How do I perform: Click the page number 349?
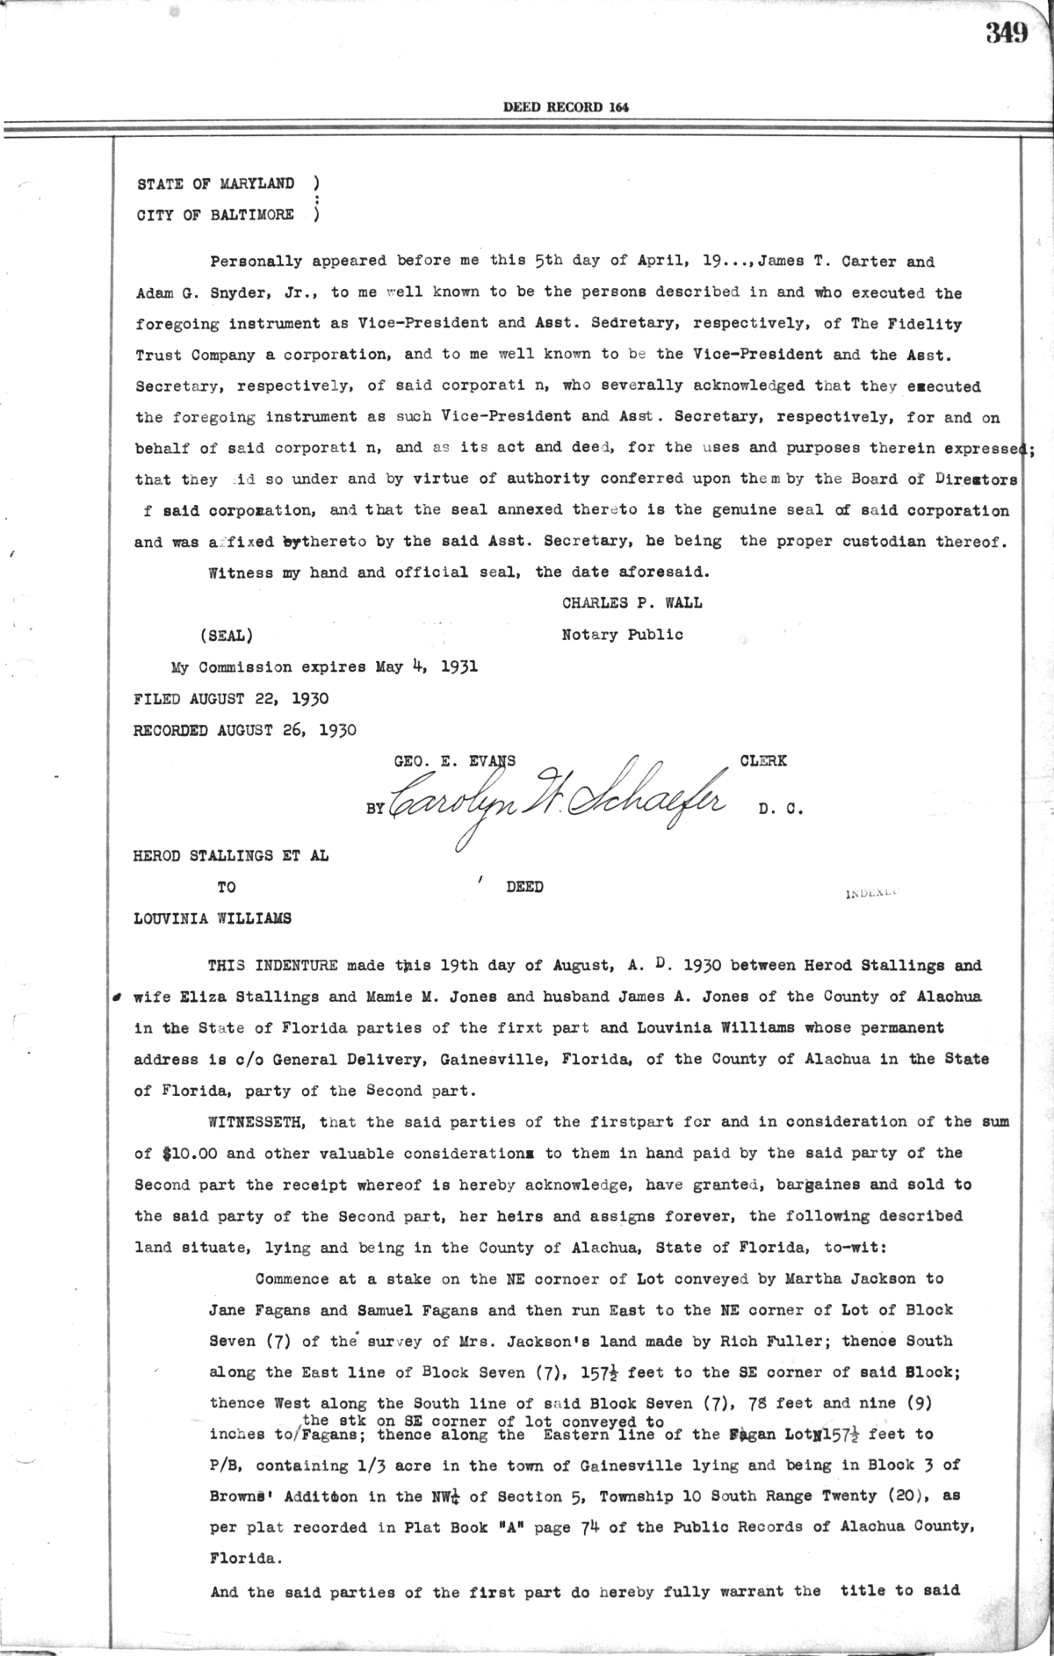pyautogui.click(x=1006, y=32)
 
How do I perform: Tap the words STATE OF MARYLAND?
pyautogui.click(x=215, y=184)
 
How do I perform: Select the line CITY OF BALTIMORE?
pyautogui.click(x=215, y=215)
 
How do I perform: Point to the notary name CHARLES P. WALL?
pyautogui.click(x=632, y=603)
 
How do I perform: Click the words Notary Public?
pyautogui.click(x=622, y=634)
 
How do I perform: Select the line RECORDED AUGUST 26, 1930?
pyautogui.click(x=245, y=730)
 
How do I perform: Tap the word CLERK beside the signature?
pyautogui.click(x=763, y=761)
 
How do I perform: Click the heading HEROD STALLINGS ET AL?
pyautogui.click(x=231, y=855)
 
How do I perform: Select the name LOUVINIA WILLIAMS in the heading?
pyautogui.click(x=213, y=918)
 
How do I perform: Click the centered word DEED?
pyautogui.click(x=524, y=887)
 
